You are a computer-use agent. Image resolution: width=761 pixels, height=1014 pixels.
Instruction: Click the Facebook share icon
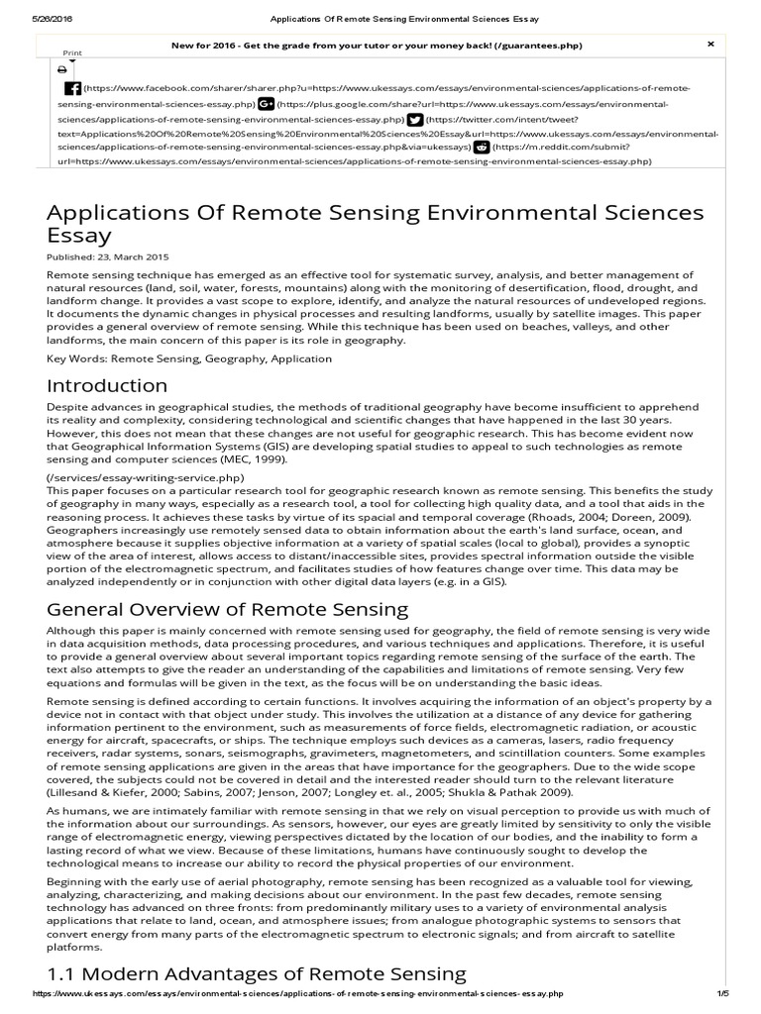72,88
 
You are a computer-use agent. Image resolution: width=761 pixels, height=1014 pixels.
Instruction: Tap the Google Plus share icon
266,103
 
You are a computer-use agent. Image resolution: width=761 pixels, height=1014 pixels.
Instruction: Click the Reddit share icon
481,146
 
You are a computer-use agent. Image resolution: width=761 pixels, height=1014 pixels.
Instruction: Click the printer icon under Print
61,69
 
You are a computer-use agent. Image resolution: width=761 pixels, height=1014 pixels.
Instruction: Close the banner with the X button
710,45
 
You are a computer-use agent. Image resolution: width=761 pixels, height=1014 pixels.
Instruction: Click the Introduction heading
107,385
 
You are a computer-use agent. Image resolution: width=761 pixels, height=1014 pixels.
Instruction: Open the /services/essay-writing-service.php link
145,477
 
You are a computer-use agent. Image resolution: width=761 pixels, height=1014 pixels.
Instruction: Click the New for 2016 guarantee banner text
377,46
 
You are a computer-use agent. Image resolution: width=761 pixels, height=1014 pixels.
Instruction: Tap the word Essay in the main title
79,236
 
